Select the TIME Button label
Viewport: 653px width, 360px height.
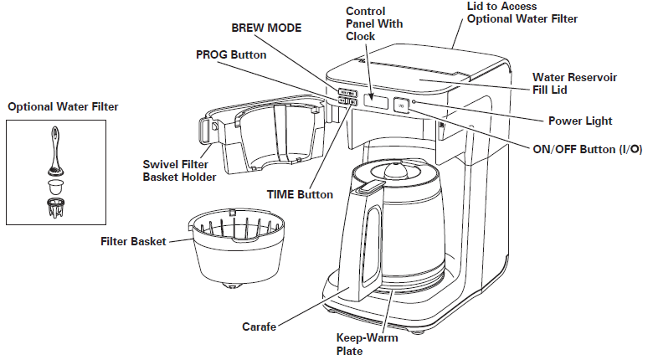coord(300,194)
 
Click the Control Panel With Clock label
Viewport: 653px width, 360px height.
coord(374,24)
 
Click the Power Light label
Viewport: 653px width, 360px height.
coord(580,121)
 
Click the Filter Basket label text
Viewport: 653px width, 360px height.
coord(131,242)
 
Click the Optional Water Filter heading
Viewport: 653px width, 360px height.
coord(63,106)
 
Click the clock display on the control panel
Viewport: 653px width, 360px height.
coord(377,103)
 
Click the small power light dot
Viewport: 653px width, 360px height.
coord(414,102)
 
